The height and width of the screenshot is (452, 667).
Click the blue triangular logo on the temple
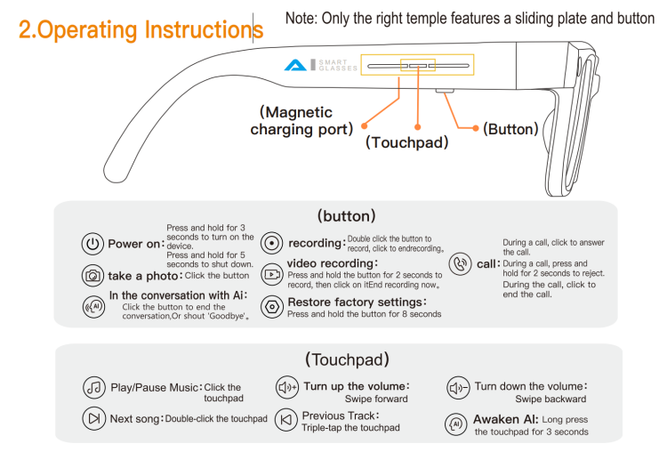coord(295,65)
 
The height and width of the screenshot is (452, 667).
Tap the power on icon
coord(92,244)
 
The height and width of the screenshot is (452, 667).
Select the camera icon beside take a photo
coord(92,276)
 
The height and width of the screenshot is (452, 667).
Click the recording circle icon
coord(271,243)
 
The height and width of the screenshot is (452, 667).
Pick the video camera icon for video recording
coord(271,275)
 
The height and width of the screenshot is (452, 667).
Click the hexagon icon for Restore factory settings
coord(271,306)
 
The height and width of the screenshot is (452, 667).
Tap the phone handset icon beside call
coord(461,264)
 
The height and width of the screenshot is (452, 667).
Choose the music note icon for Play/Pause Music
coord(93,387)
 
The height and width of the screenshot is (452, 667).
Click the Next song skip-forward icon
coord(93,419)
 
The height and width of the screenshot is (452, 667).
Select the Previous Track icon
coord(286,420)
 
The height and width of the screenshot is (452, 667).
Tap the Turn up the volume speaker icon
coord(287,387)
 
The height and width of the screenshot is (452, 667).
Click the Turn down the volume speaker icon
coord(458,388)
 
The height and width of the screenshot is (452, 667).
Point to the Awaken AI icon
coord(456,424)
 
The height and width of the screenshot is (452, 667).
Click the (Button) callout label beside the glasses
coord(510,129)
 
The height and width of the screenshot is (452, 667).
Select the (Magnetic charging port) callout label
coord(301,120)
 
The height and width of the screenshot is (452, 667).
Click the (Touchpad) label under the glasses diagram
coord(407,142)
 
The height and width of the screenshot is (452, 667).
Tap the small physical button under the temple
coord(445,91)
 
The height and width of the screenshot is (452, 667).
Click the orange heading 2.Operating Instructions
coord(141,29)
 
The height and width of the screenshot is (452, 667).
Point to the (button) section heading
coord(346,216)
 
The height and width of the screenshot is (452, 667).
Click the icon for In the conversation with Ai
coord(93,306)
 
